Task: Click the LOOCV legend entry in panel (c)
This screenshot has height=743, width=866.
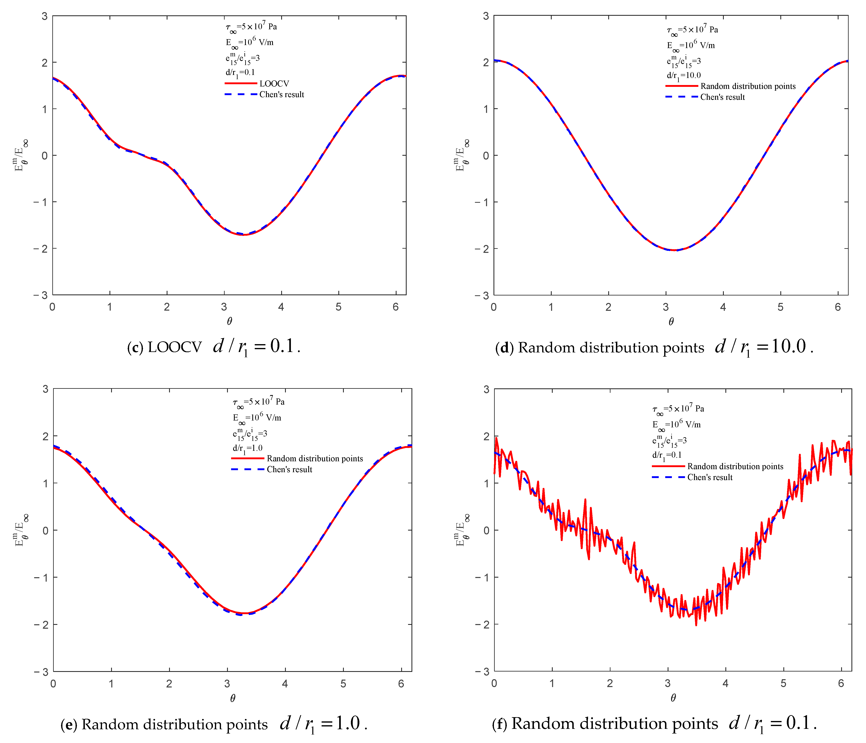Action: point(274,84)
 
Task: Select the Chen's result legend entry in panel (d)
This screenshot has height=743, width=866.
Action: point(722,97)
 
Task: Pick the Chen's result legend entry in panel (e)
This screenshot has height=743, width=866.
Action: point(289,469)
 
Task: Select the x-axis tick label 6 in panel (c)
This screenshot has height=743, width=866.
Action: point(395,307)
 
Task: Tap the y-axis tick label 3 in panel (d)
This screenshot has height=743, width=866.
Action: point(486,16)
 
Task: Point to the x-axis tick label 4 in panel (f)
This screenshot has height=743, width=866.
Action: point(725,684)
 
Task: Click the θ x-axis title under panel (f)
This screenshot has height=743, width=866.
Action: point(673,698)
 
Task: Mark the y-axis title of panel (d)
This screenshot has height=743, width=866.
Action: point(461,156)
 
